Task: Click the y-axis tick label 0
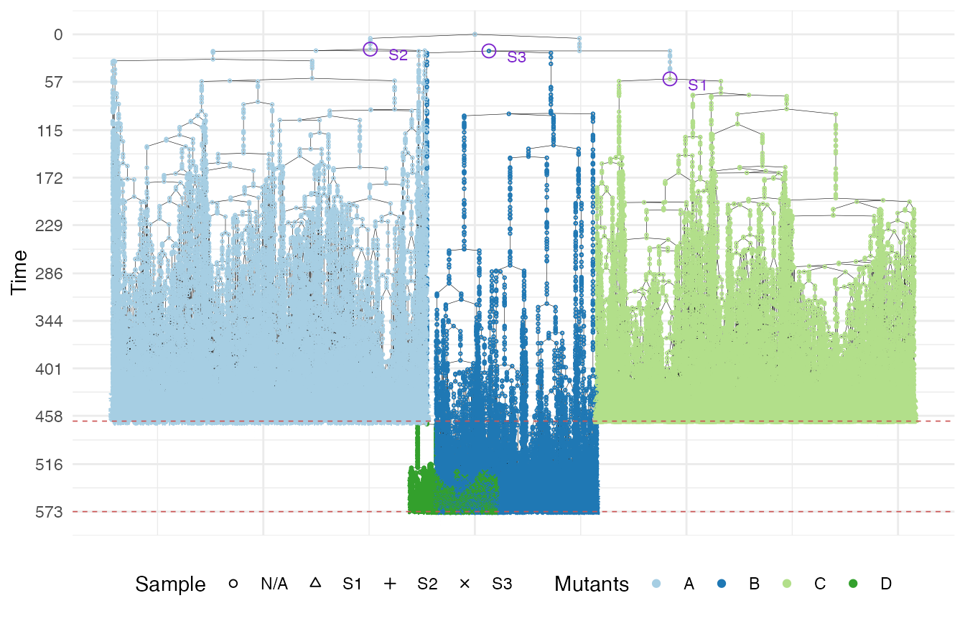pos(58,34)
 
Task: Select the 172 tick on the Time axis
pos(51,178)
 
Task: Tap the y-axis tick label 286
pos(51,274)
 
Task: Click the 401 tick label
pos(51,369)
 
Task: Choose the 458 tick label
pos(51,416)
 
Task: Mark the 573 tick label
pos(51,512)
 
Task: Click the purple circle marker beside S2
pos(370,49)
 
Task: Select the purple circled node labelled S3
pos(489,51)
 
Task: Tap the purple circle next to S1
pos(670,79)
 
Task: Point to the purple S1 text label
pos(697,85)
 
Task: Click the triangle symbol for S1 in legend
pos(314,584)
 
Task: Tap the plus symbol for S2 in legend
pos(390,584)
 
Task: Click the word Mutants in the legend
pos(591,584)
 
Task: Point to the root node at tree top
pos(475,34)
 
